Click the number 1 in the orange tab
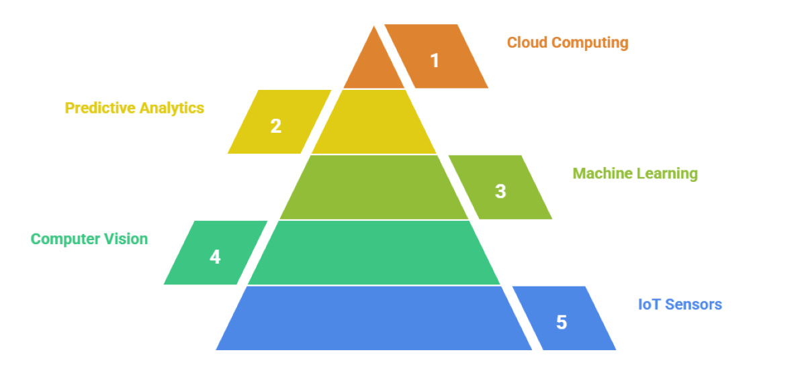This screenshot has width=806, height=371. [x=435, y=60]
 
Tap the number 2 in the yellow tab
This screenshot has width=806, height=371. [x=276, y=125]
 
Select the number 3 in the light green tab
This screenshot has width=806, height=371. [x=500, y=191]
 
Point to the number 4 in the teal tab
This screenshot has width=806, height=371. [x=215, y=257]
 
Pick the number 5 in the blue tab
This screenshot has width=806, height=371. [x=562, y=323]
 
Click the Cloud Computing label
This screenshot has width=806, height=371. [x=568, y=43]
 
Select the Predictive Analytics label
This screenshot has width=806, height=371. [x=134, y=108]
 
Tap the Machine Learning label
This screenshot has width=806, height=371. [x=635, y=174]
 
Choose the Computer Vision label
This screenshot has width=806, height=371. [x=89, y=239]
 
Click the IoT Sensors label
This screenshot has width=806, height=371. [x=680, y=305]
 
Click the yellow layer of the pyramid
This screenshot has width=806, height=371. [x=374, y=123]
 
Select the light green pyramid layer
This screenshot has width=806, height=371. [x=374, y=188]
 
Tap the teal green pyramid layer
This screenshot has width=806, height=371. [x=374, y=253]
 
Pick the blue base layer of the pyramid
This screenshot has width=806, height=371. [x=374, y=319]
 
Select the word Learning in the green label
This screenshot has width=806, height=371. [x=668, y=174]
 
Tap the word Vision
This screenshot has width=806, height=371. [x=128, y=239]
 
